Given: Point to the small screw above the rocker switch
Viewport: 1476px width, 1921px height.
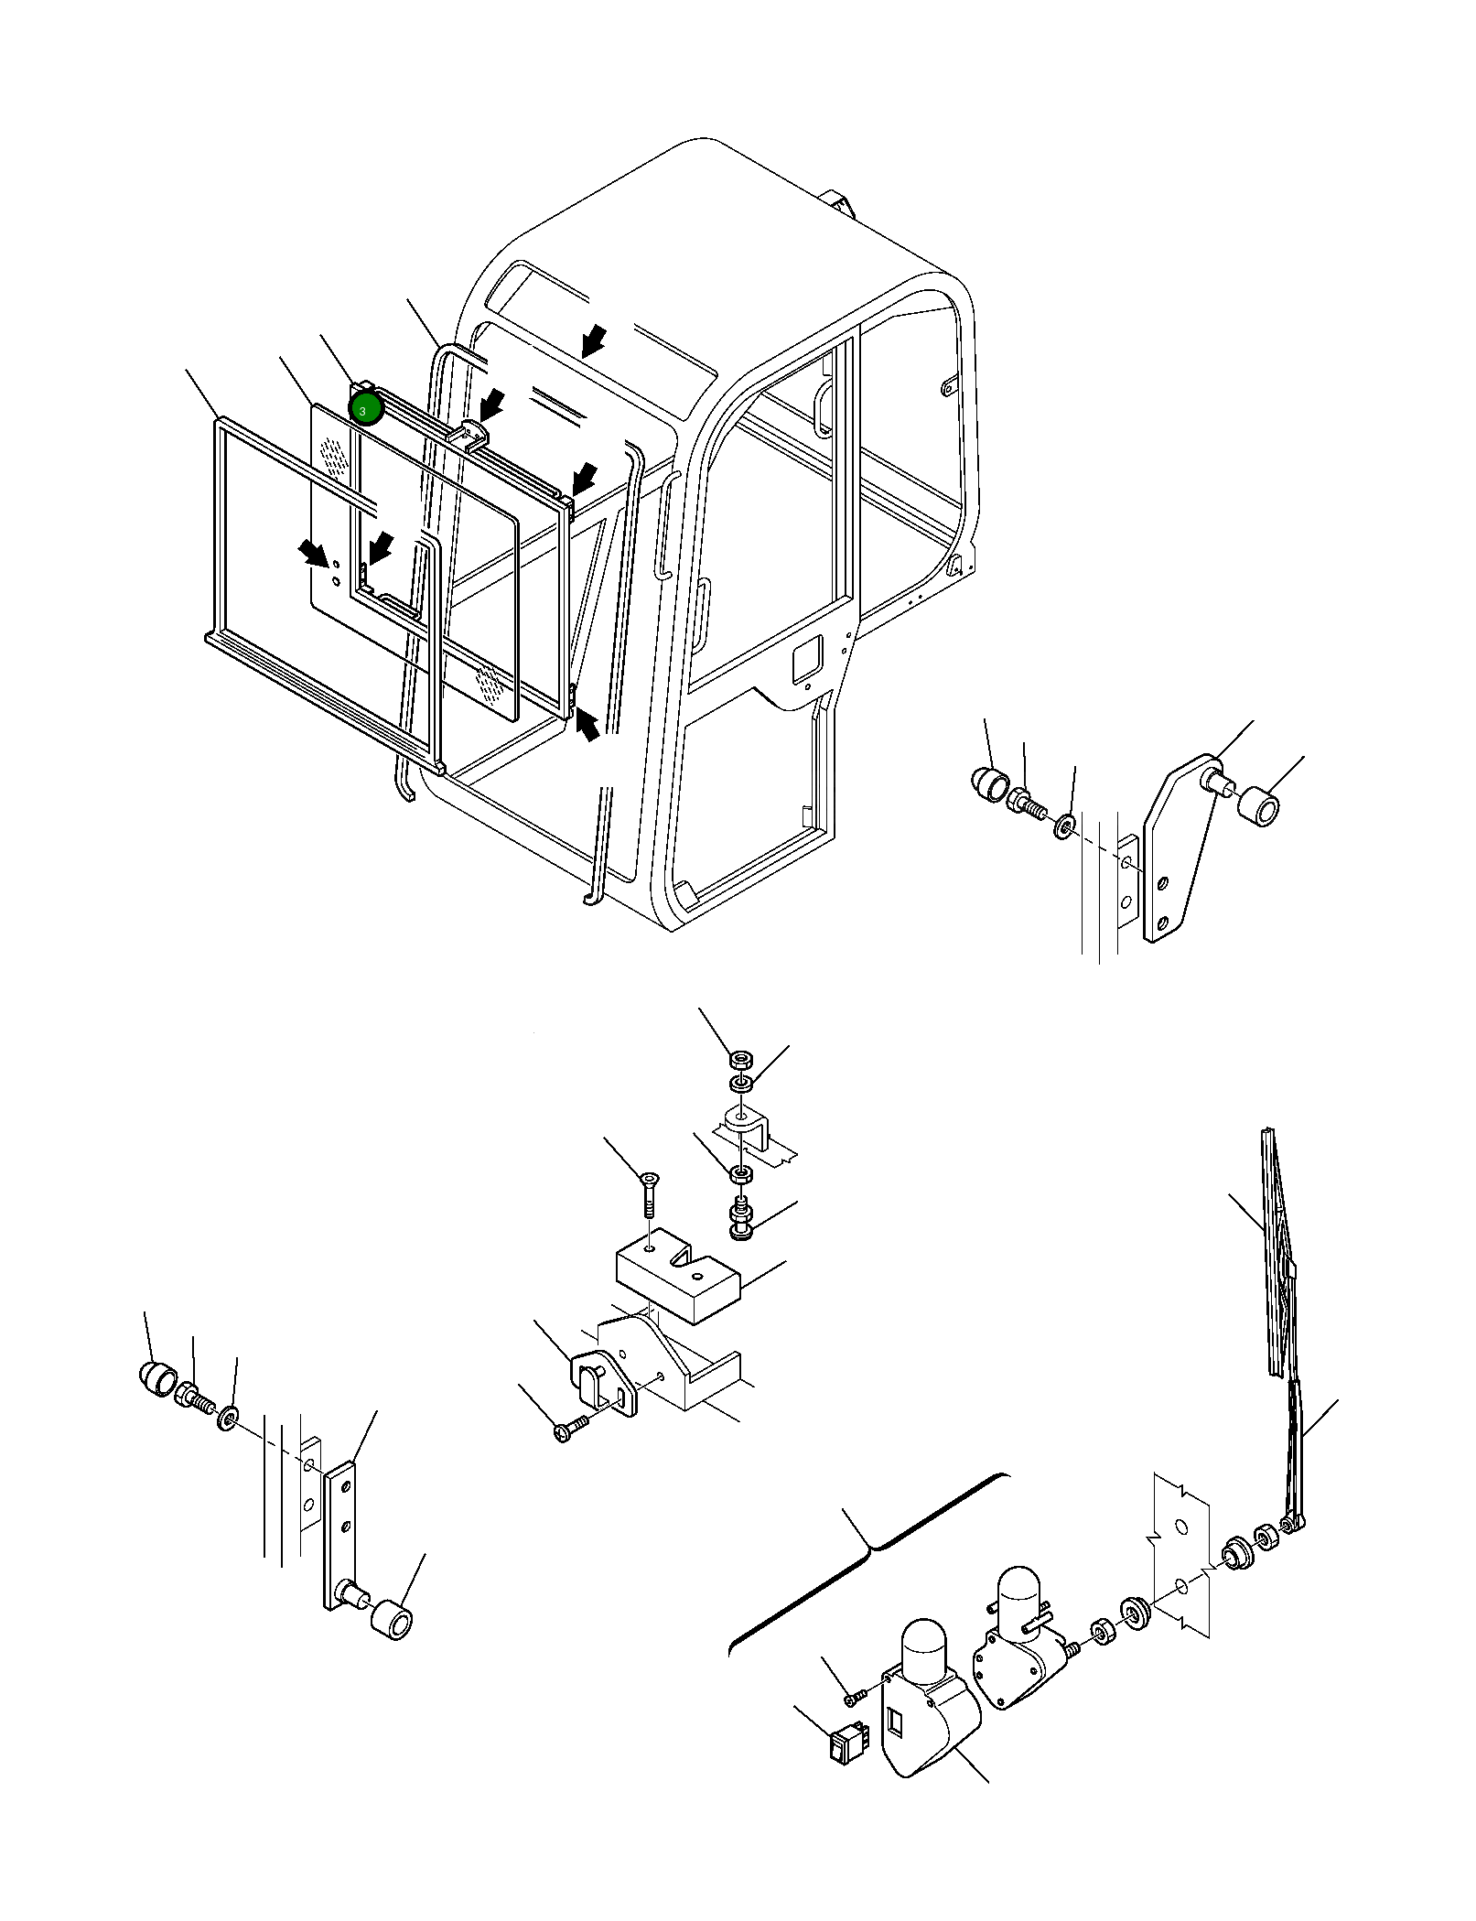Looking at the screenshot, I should coord(853,1699).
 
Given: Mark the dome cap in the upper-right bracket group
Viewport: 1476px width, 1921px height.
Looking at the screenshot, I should coord(989,784).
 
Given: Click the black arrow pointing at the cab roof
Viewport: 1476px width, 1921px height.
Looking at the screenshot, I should coord(593,342).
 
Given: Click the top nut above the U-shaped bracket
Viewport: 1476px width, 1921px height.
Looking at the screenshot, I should coord(739,1061).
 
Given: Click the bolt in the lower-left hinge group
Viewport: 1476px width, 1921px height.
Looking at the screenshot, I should coord(194,1423).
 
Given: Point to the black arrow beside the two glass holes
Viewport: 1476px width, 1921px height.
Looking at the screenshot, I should coord(313,554).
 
